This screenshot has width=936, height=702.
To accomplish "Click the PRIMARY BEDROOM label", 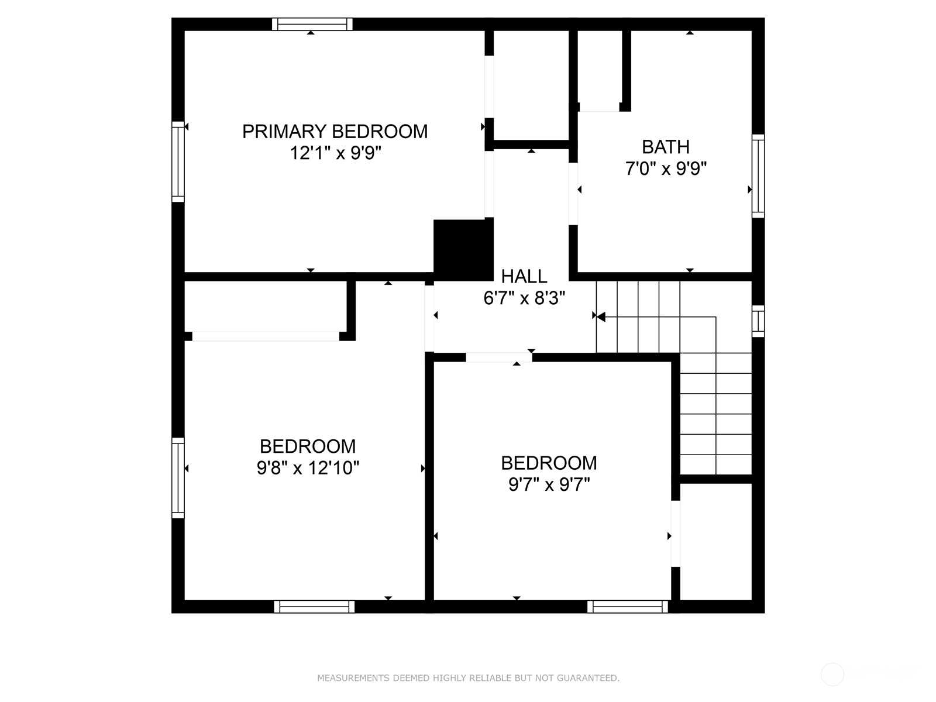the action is point(335,131).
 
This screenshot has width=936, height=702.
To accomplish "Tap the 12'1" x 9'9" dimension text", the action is point(335,153).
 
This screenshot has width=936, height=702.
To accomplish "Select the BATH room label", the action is point(666,147).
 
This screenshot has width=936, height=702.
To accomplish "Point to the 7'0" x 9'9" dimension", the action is point(666,168).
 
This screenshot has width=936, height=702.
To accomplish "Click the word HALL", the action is point(524,276).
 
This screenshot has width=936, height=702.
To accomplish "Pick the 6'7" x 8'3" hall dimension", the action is point(524,298).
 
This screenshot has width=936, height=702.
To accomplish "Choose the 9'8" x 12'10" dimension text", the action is point(308,467).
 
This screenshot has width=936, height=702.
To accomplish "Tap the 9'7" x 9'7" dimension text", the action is point(549,484).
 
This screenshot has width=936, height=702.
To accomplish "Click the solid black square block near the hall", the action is point(463,250).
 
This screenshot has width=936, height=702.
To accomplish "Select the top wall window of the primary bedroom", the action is point(312,25).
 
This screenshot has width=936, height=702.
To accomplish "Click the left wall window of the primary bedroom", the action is point(178,161).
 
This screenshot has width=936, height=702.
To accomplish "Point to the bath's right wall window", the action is point(758,176).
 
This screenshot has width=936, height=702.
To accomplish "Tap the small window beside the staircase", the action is point(758,321).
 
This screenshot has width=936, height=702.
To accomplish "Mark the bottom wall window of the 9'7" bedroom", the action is point(627,607).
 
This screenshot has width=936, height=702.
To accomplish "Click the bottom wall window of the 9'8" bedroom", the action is point(314,607).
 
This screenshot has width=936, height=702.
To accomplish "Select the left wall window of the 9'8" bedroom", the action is point(178,478).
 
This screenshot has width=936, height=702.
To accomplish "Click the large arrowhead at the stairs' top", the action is point(601,316).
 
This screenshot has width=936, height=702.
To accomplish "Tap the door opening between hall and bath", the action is point(573,194).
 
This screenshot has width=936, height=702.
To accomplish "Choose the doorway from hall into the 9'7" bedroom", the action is point(499,357).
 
